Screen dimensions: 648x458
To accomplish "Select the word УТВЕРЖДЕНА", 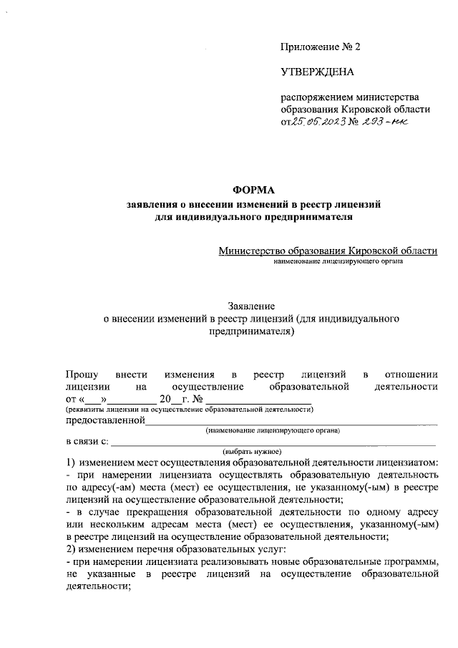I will (316, 72).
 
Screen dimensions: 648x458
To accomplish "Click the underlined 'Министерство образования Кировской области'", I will (328, 251).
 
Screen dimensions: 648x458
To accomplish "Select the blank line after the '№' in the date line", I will (243, 399).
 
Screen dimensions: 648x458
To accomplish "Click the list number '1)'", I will (71, 462).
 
